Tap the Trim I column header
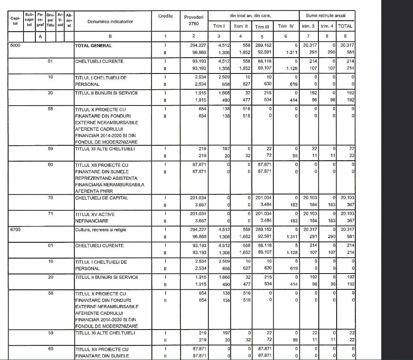219,26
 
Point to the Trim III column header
260,27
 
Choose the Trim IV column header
285,26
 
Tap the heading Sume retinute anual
326,15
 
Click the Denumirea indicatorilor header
110,21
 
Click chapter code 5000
16,46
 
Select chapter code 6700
16,230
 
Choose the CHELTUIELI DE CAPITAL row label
101,198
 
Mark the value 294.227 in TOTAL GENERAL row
198,46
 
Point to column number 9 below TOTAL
346,36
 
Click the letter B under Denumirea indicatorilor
110,36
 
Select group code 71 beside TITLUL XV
50,213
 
